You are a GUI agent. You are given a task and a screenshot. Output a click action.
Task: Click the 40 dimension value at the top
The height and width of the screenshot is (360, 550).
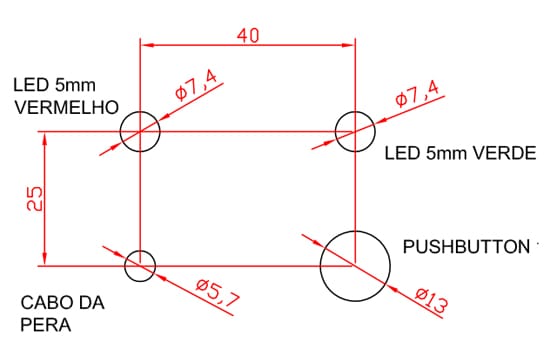point(248,35)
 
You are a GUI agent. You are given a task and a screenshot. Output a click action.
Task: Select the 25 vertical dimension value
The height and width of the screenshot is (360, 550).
point(34,198)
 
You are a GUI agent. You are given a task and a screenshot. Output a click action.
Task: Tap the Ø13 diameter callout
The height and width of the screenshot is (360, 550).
point(431,300)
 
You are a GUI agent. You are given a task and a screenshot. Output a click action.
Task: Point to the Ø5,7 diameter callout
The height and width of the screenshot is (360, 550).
point(217,292)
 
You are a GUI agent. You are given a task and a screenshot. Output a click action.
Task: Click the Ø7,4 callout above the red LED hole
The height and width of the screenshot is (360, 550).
point(196,85)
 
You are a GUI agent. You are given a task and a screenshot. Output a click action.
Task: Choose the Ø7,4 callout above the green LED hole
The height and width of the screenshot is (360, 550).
point(417,93)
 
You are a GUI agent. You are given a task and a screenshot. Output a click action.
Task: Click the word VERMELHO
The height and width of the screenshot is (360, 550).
point(66,107)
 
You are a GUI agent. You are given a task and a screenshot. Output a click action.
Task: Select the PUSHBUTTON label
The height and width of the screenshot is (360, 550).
point(466,247)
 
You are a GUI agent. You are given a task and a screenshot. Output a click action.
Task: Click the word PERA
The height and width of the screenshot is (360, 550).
point(46,325)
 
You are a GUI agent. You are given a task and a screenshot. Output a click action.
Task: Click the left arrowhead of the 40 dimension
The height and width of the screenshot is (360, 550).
point(147,45)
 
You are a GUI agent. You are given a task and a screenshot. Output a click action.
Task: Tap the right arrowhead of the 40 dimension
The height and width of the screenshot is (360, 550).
point(348,45)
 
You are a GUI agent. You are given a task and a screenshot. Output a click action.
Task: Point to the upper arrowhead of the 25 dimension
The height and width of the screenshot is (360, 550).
point(45,139)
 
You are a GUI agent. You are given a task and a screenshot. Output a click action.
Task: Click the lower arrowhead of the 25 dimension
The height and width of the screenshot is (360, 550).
point(45,259)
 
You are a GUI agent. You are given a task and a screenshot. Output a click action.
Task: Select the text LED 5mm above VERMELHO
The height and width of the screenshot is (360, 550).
point(54,85)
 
